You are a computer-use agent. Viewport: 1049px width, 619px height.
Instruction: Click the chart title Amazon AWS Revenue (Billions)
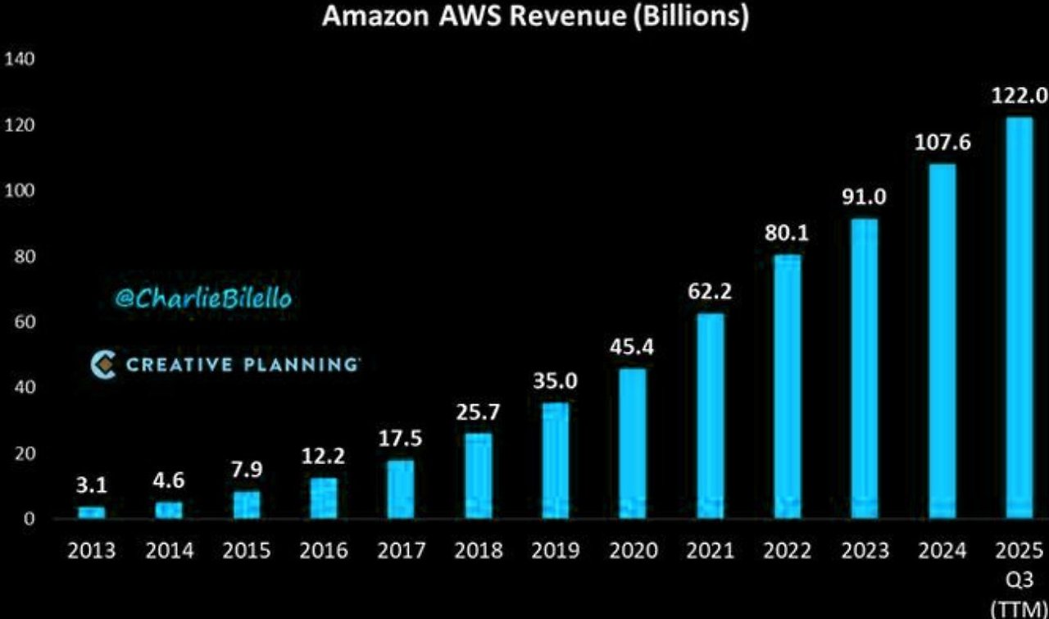[x=534, y=17]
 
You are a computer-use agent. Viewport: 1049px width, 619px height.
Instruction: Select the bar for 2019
[x=556, y=460]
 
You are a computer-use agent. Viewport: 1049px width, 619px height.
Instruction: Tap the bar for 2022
[x=787, y=386]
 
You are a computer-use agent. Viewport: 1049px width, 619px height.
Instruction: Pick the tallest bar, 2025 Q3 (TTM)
[x=1019, y=317]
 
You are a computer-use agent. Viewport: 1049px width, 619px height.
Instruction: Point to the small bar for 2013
[x=92, y=512]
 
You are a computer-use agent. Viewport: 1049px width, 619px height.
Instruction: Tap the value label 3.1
[x=91, y=487]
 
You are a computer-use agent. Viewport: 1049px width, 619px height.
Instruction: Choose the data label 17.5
[x=401, y=439]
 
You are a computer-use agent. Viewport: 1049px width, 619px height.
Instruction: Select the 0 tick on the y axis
[x=29, y=519]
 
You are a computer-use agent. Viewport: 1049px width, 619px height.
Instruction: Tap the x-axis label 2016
[x=324, y=550]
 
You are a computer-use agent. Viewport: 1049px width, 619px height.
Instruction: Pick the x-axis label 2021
[x=710, y=550]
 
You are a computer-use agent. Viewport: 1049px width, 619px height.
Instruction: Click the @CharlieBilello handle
[x=202, y=299]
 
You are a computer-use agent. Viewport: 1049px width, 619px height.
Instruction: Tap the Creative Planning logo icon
[x=104, y=364]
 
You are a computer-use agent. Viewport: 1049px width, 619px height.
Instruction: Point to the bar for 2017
[x=401, y=489]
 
